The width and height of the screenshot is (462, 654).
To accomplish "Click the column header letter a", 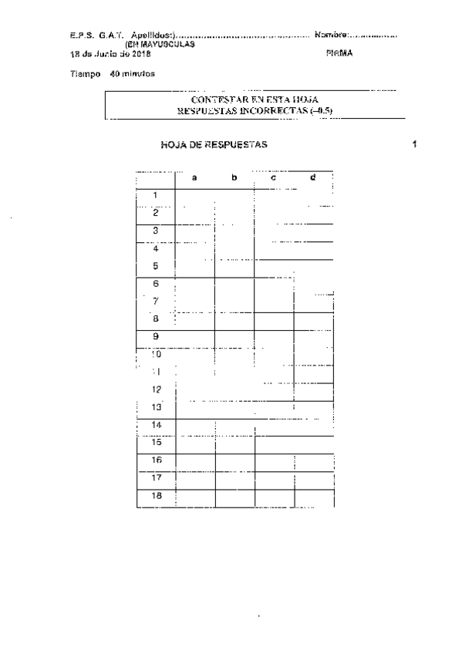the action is click(195, 178).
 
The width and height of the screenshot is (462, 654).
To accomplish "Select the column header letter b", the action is click(234, 178).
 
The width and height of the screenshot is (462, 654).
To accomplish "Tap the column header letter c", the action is click(274, 178).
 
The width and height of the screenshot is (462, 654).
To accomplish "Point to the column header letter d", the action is click(312, 178).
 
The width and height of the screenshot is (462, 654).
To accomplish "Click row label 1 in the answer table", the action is click(155, 196).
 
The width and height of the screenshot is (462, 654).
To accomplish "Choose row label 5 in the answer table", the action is click(155, 266).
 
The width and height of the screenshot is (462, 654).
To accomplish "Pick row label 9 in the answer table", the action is click(155, 336).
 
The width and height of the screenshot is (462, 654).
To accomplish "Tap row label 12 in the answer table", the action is click(156, 389).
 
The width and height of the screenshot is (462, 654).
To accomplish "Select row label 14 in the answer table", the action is click(156, 425).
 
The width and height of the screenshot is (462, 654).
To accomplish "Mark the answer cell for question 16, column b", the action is click(234, 461).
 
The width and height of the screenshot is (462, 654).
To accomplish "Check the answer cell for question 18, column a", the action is click(195, 497).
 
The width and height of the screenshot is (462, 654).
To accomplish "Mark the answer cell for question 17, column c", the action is click(274, 479).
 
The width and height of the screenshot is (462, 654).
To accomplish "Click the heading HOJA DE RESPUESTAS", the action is click(214, 145).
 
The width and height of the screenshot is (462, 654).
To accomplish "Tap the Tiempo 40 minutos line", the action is click(112, 74).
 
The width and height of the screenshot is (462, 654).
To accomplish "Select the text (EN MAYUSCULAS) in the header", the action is click(154, 44).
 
